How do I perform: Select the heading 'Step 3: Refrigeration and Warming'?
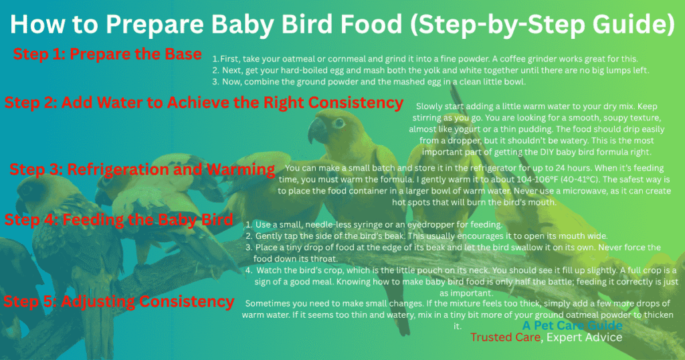pyautogui.click(x=142, y=170)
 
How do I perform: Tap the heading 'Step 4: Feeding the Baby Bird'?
pyautogui.click(x=120, y=219)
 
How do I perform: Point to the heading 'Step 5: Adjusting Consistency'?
pyautogui.click(x=119, y=301)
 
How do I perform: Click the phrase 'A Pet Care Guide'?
pyautogui.click(x=573, y=326)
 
